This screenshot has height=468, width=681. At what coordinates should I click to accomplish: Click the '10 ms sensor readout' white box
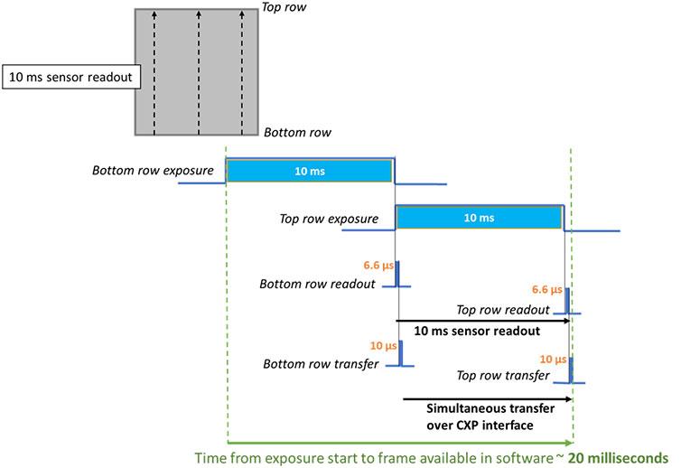pyautogui.click(x=70, y=77)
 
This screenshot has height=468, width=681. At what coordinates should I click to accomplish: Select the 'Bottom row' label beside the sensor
pyautogui.click(x=297, y=132)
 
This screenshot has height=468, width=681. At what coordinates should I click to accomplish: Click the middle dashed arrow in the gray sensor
pyautogui.click(x=199, y=72)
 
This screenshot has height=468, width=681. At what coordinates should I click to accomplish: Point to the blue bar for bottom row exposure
pyautogui.click(x=310, y=170)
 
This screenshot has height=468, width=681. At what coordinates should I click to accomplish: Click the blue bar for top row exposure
pyautogui.click(x=479, y=218)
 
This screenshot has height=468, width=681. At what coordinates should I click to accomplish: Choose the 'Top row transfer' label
pyautogui.click(x=504, y=375)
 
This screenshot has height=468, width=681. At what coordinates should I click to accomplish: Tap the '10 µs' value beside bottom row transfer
pyautogui.click(x=382, y=346)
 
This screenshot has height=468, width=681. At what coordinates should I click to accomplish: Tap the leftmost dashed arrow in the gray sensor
pyautogui.click(x=154, y=72)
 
